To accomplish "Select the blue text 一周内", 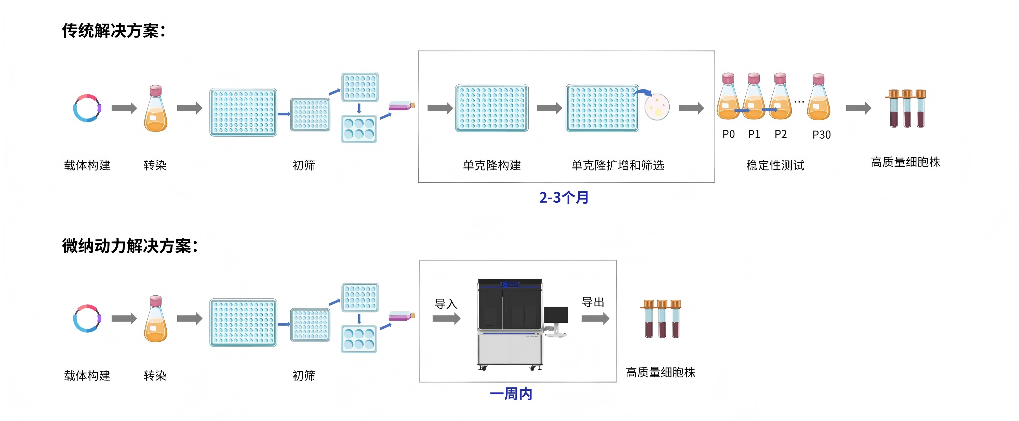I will (511, 394).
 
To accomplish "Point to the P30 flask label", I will (821, 135).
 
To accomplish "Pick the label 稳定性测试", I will (775, 165).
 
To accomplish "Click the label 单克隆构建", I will (492, 165).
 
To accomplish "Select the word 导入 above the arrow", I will (445, 304).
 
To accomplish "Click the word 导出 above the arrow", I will (593, 302).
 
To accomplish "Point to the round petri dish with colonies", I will (657, 107).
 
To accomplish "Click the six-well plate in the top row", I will (359, 129).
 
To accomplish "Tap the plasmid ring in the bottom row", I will (87, 319).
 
